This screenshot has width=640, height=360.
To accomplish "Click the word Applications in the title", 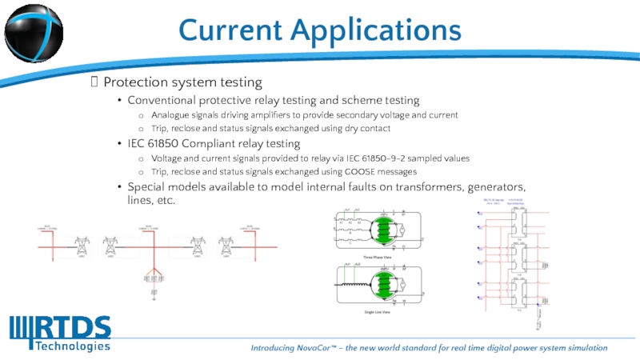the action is tap(375, 30).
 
